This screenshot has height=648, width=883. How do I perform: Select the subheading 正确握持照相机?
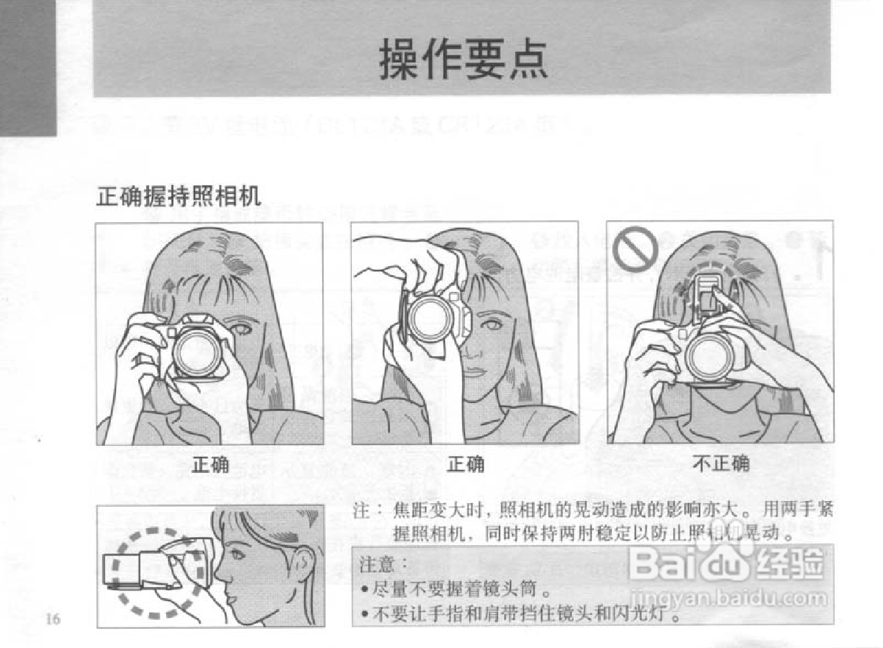point(179,197)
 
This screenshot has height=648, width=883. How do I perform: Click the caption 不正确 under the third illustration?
point(720,464)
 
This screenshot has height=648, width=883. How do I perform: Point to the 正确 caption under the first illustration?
point(210,464)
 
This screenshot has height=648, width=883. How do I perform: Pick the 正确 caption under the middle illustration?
point(466,464)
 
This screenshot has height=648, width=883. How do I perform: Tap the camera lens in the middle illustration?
point(430,317)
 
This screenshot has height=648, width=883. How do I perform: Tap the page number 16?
point(53,619)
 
